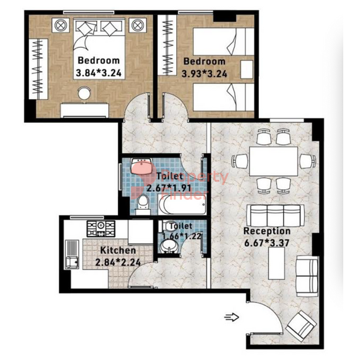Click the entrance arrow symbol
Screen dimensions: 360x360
click(x=232, y=317)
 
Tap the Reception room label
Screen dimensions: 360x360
click(x=267, y=231)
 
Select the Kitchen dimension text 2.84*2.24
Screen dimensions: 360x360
click(x=118, y=262)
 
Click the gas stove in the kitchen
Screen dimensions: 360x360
click(x=101, y=228)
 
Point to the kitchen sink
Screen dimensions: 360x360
click(x=72, y=254)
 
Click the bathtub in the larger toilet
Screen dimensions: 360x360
click(x=182, y=204)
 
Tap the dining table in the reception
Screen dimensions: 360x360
click(x=274, y=161)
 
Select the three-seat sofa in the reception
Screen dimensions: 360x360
click(x=276, y=215)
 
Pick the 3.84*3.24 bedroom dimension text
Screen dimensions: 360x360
click(x=99, y=73)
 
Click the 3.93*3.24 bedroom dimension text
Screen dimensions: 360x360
click(x=204, y=74)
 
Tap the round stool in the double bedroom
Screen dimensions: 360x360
click(x=84, y=93)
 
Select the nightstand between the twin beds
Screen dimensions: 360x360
click(x=246, y=70)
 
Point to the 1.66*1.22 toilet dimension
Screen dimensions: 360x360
click(x=182, y=236)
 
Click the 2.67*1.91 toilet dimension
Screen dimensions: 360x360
click(x=169, y=189)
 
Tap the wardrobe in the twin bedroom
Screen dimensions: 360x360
click(x=168, y=45)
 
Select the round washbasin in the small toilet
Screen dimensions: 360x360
click(x=169, y=246)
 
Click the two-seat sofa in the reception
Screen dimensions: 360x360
click(x=307, y=276)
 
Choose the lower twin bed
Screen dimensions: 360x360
click(x=223, y=97)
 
